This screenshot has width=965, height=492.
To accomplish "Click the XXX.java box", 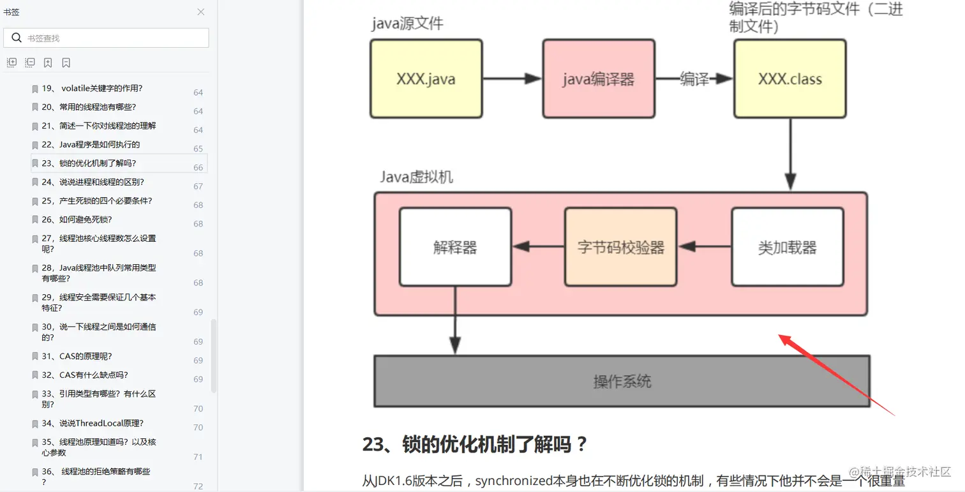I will [426, 79].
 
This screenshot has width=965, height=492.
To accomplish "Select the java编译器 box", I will [599, 79].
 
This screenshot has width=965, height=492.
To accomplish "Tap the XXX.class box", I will [789, 79].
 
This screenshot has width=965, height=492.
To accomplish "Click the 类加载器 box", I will [787, 247].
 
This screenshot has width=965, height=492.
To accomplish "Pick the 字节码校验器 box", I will [620, 247].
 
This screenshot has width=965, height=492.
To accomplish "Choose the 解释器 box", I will [455, 247].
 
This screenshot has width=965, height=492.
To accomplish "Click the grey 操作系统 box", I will [622, 382].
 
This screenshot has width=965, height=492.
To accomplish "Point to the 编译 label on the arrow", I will [694, 79].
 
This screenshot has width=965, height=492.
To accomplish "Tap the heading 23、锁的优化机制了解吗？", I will [474, 444].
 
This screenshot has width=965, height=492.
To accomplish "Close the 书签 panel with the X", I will [200, 12].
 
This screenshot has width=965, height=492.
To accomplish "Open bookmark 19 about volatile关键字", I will [92, 89].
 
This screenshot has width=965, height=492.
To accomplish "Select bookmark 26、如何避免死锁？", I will [77, 220].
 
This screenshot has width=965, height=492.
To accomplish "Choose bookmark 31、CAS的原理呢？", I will [77, 356].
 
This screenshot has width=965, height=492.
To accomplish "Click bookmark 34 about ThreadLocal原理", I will [93, 423].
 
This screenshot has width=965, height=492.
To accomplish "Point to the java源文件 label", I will [407, 24].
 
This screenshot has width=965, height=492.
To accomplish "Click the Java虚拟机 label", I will [416, 177].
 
